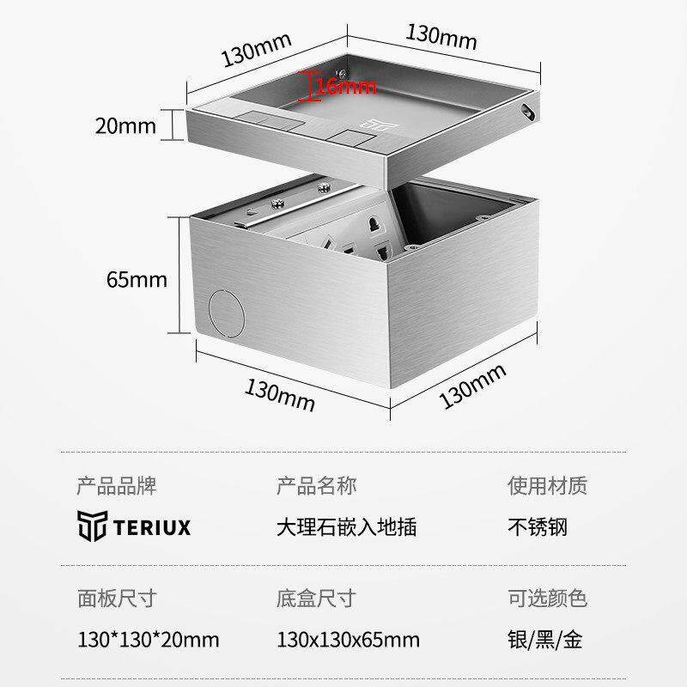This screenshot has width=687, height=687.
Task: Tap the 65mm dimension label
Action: pos(137,279)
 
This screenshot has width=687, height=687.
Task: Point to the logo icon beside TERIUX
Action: pos(92,526)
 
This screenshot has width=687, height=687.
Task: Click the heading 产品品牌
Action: pos(117,486)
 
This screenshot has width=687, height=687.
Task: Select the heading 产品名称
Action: pos(316,486)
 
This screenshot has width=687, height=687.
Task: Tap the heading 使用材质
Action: pos(547,486)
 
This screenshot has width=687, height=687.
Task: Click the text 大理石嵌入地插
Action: pos(346,526)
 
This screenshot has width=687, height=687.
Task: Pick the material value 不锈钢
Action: pos(538,526)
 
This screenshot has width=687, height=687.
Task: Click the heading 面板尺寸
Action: pos(117,599)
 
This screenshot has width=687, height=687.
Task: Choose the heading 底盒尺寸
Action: pos(316,599)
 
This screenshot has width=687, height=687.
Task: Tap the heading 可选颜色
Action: pos(547,599)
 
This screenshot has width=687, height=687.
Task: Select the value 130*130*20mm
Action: pos(148,640)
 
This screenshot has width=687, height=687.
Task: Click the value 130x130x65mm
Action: pos(349,640)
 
